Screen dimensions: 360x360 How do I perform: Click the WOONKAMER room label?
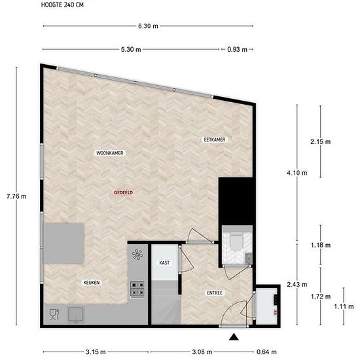click(110, 153)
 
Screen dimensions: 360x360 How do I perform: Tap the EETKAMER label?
click(215, 139)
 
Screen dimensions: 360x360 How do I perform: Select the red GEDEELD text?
click(124, 192)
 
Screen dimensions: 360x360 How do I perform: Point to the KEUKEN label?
click(92, 283)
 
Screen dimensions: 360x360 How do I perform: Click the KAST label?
click(164, 262)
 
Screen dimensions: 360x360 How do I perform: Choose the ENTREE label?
click(215, 293)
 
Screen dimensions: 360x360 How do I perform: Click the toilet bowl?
click(236, 242)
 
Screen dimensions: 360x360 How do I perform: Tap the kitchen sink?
click(75, 314)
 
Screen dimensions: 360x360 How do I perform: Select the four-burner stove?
click(137, 289)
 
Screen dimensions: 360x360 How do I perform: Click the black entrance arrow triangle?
click(234, 337)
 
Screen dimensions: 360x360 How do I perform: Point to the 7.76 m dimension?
click(16, 196)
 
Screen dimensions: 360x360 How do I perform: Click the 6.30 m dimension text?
click(148, 26)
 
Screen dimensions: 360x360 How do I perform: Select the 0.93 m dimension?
click(238, 49)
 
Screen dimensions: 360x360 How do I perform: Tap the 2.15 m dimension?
click(321, 141)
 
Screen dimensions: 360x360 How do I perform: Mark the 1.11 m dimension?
click(344, 306)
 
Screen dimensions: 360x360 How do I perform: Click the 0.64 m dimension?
click(266, 351)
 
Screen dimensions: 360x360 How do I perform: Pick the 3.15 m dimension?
click(96, 351)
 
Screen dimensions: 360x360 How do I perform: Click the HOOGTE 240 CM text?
click(62, 5)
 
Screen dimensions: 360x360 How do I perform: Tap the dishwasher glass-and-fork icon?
click(54, 314)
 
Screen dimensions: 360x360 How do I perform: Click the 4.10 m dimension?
click(297, 173)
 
